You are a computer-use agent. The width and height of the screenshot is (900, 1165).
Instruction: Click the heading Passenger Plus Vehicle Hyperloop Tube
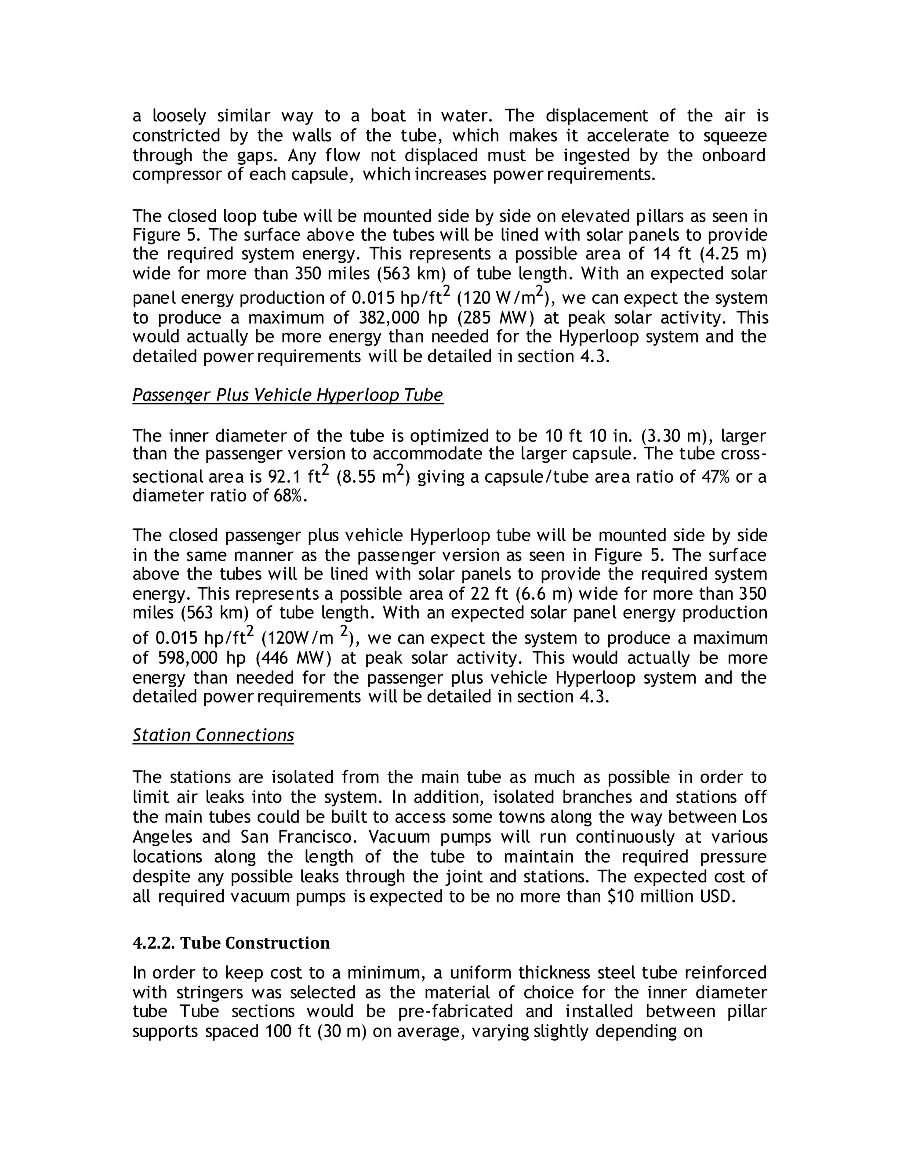tap(287, 395)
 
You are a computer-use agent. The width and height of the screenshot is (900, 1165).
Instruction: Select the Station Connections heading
tap(213, 735)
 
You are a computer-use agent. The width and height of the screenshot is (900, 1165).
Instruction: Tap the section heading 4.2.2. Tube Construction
tap(231, 943)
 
